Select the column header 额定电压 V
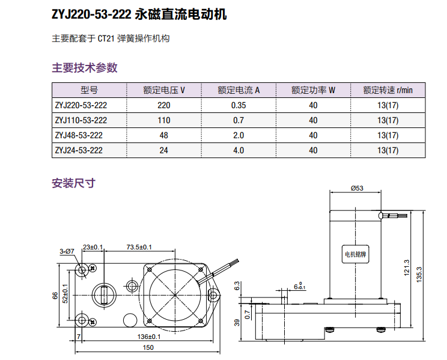(x=164, y=91)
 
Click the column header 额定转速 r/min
(x=388, y=91)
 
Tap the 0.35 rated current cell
(x=239, y=105)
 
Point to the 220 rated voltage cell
(x=164, y=105)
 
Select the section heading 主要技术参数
(x=85, y=68)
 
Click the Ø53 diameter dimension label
(x=357, y=188)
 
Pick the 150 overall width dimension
(x=148, y=347)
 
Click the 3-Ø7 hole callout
(x=67, y=251)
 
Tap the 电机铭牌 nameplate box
(x=354, y=254)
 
